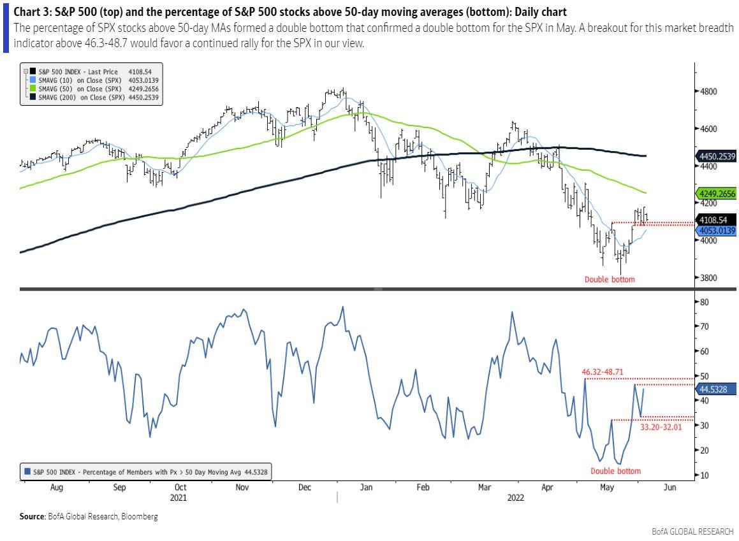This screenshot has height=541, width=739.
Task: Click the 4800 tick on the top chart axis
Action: click(x=708, y=91)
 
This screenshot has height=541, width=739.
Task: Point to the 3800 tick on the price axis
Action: click(x=708, y=278)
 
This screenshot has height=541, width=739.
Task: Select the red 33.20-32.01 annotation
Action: click(x=660, y=427)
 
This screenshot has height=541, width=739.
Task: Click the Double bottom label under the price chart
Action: click(x=610, y=279)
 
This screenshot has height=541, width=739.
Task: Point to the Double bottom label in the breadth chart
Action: click(x=615, y=471)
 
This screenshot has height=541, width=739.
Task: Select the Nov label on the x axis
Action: click(x=242, y=487)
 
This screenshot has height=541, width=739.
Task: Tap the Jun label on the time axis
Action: click(x=669, y=487)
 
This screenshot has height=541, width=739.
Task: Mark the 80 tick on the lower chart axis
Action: click(x=703, y=302)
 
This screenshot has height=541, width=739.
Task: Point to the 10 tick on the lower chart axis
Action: click(x=703, y=475)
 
